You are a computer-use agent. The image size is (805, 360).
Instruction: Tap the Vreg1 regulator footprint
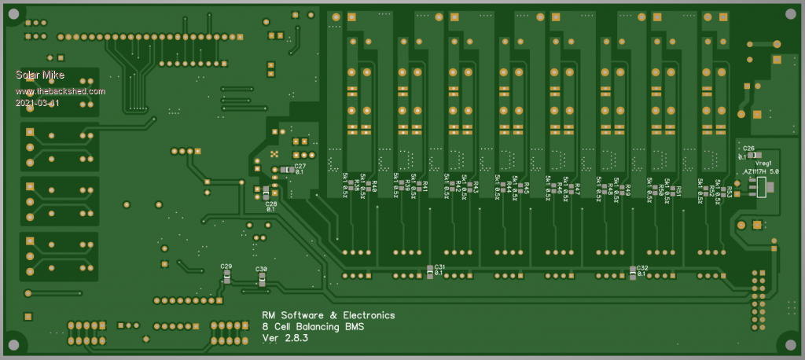761,187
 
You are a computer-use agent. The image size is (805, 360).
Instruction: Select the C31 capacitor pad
430,271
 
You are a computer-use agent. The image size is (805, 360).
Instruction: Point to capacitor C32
634,273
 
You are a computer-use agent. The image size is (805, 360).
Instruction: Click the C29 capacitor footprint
226,276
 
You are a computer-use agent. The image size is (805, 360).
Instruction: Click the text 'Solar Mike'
39,75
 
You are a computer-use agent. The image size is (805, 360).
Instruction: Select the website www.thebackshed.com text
60,91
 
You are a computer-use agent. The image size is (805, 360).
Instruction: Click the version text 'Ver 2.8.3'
285,339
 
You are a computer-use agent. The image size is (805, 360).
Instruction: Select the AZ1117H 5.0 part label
762,171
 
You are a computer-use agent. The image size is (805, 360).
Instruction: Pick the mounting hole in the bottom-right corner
789,343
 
